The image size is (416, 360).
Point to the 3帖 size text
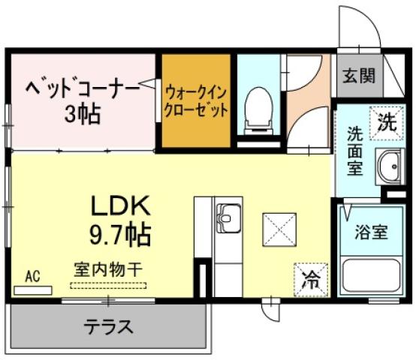pos(82,115)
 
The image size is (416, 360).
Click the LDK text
pos(122,205)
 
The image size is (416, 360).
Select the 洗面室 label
pos(355,150)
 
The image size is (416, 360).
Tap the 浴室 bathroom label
pos(372,232)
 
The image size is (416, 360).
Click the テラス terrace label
pos(109,327)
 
